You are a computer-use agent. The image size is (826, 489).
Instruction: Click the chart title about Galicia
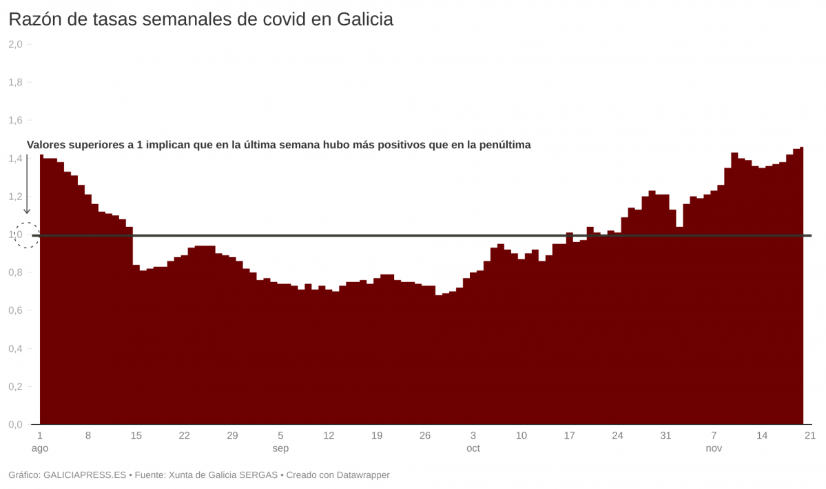coord(200,19)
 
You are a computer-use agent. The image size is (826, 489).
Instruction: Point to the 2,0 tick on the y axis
coord(15,44)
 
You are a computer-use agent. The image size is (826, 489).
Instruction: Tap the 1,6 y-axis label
coord(15,120)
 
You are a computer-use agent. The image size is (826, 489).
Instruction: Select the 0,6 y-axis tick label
coord(15,310)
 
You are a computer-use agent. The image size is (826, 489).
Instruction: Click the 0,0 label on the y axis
coord(15,424)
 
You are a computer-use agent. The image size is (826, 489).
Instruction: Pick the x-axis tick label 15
coord(136,435)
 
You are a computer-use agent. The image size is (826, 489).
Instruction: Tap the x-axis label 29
coord(232,435)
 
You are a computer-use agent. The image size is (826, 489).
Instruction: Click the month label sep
coord(280,448)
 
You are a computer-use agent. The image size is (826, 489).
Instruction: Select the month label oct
coord(473,448)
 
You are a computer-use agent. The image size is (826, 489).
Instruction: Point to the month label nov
coord(714,448)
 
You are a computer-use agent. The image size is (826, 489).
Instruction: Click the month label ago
coord(40,448)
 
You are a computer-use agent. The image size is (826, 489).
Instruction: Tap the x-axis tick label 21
coord(810,435)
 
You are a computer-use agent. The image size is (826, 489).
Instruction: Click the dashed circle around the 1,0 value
coord(27,235)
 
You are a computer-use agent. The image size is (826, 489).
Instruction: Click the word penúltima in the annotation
coord(504,145)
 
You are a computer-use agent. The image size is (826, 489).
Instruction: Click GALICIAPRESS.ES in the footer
coord(85,475)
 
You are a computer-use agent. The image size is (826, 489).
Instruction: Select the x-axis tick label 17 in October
coord(569,435)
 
